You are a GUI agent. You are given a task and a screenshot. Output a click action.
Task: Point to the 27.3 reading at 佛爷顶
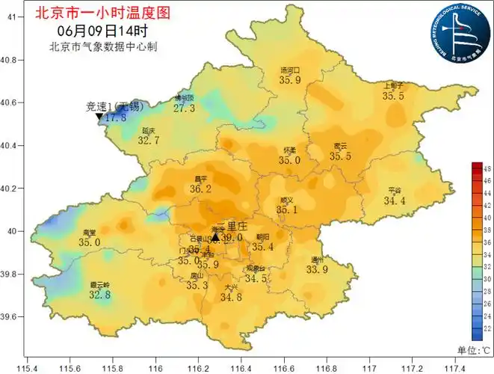(184, 108)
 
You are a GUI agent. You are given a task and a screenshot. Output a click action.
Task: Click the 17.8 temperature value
(115, 117)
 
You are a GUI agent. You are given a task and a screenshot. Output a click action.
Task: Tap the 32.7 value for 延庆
(149, 140)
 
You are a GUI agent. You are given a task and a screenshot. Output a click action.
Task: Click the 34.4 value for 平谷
(394, 200)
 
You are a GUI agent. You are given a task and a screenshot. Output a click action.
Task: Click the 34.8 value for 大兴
(231, 297)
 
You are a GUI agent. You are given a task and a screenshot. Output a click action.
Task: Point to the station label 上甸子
(393, 85)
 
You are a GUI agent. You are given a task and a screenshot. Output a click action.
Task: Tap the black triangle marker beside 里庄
(215, 237)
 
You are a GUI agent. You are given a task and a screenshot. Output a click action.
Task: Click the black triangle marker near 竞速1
(99, 117)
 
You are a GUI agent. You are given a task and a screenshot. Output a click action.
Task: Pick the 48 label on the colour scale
(487, 171)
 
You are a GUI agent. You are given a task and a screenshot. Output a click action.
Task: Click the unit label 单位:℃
(475, 349)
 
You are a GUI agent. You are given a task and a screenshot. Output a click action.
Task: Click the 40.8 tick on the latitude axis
(10, 59)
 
